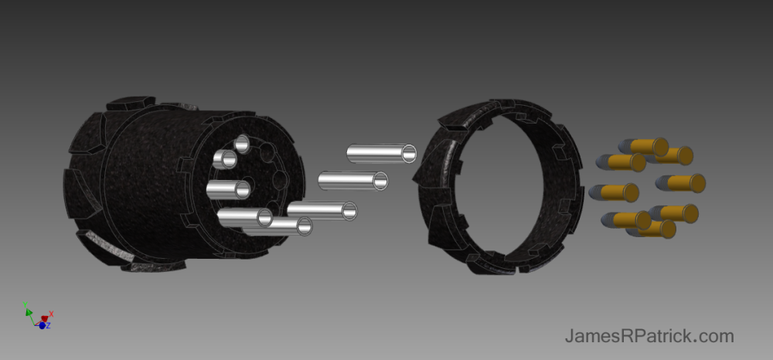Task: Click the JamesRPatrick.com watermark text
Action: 649,336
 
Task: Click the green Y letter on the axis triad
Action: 26,305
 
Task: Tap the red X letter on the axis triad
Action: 51,314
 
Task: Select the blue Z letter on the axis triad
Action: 48,325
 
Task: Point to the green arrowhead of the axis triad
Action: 29,312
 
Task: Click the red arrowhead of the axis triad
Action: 44,318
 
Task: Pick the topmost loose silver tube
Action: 382,153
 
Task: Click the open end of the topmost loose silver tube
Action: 409,154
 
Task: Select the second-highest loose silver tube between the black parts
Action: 353,181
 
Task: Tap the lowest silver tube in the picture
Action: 278,226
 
